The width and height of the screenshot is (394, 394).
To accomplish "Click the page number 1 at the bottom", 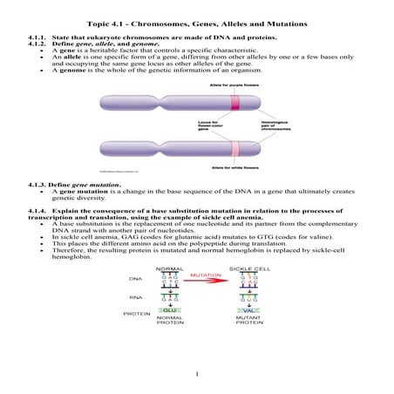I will [198, 375].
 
